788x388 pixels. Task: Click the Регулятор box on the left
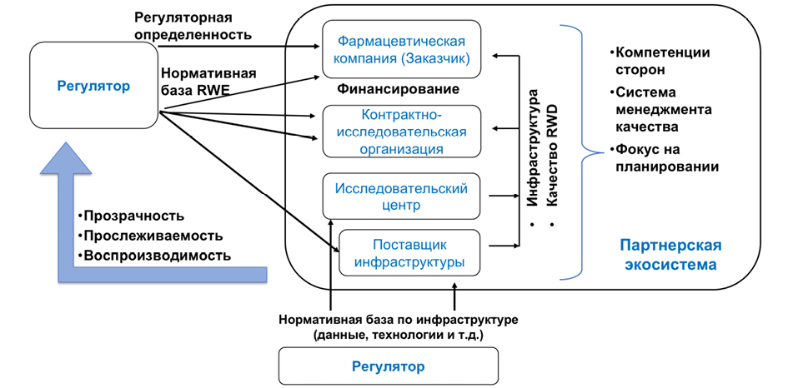pos(93,86)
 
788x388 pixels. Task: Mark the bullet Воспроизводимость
pos(153,255)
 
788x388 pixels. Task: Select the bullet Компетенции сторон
pos(661,60)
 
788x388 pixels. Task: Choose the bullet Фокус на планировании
pos(664,157)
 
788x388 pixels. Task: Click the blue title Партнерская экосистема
pos(670,256)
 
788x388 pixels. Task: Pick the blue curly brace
pos(583,151)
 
